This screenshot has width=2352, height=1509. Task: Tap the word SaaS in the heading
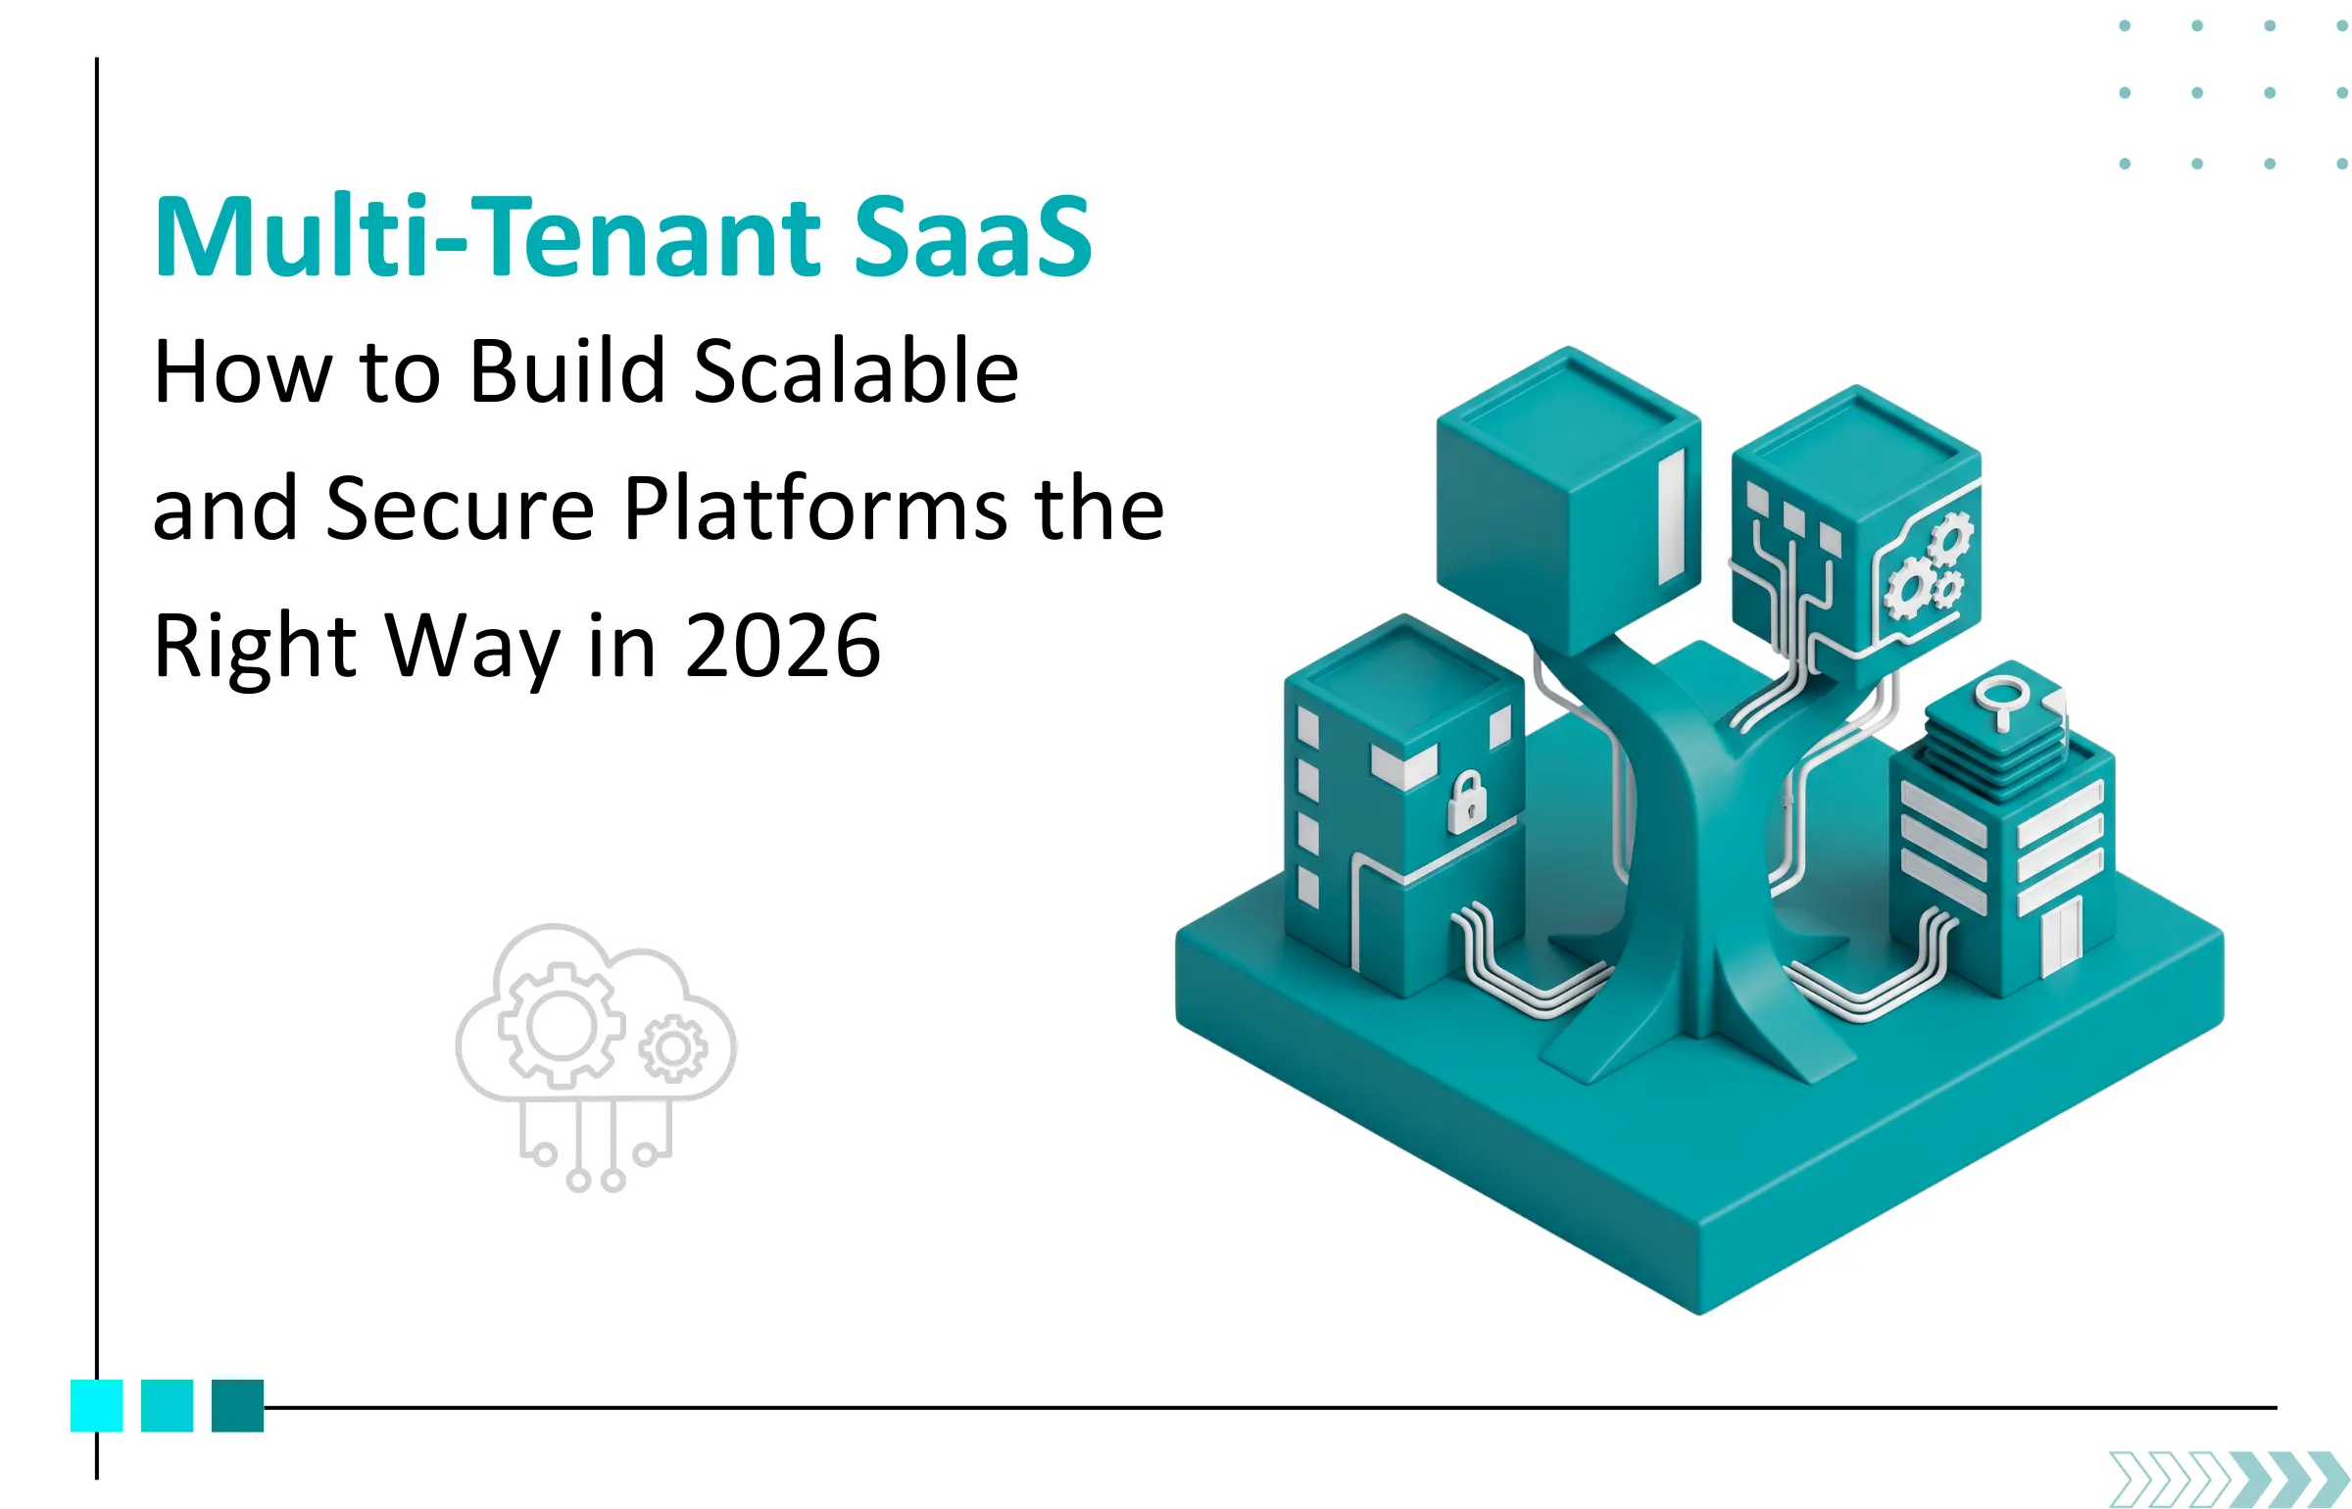[x=972, y=237]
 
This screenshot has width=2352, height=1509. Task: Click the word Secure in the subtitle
[x=460, y=509]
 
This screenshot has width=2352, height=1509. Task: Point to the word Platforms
[x=816, y=509]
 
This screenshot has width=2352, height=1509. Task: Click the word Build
[x=567, y=371]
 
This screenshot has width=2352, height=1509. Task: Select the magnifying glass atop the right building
[x=2000, y=700]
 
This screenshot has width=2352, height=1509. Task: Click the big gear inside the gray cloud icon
[x=562, y=1026]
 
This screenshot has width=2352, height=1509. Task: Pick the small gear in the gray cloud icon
[x=672, y=1049]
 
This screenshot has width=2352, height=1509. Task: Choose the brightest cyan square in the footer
[x=96, y=1405]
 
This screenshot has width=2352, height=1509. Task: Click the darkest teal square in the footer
[x=237, y=1405]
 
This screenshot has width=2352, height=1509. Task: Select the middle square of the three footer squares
[x=167, y=1405]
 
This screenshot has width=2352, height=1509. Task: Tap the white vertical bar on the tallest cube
[x=1671, y=516]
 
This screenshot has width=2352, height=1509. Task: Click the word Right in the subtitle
[x=255, y=646]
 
